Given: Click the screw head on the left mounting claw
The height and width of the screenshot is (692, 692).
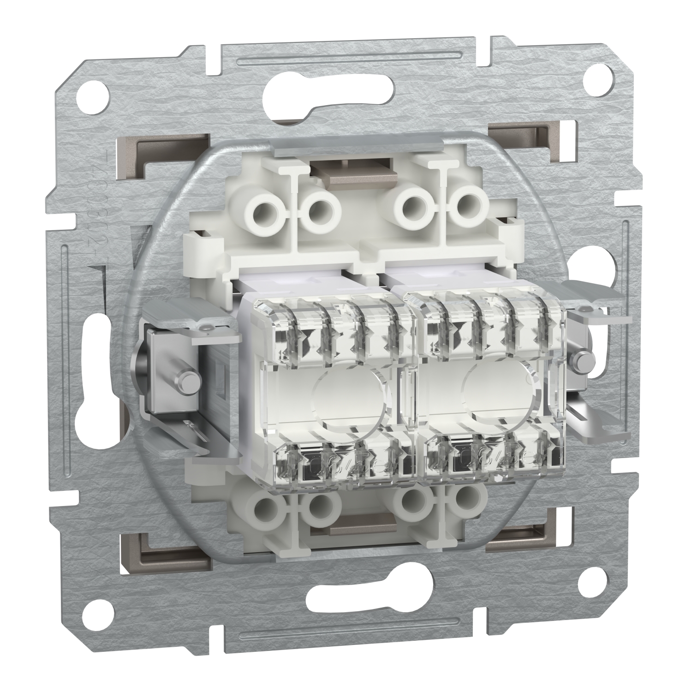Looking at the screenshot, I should (189, 379).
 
